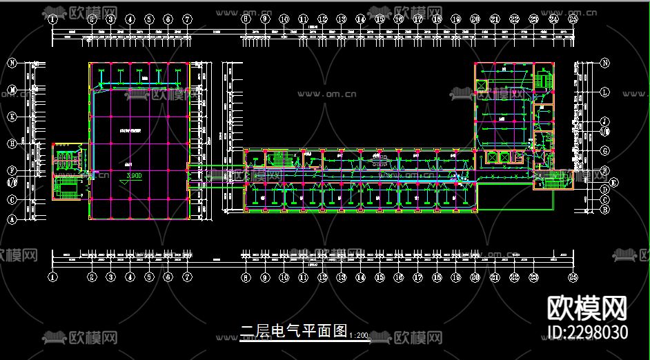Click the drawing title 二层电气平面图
click(x=293, y=331)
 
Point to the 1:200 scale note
click(x=359, y=335)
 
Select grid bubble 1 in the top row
click(x=53, y=20)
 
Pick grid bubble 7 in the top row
click(x=187, y=20)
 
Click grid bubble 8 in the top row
click(x=246, y=20)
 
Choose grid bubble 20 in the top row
click(x=475, y=20)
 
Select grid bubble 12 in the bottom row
click(x=322, y=277)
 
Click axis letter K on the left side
click(x=12, y=117)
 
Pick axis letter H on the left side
click(x=12, y=144)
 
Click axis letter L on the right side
click(x=605, y=91)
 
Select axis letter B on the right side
click(x=605, y=209)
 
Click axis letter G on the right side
click(x=605, y=150)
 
